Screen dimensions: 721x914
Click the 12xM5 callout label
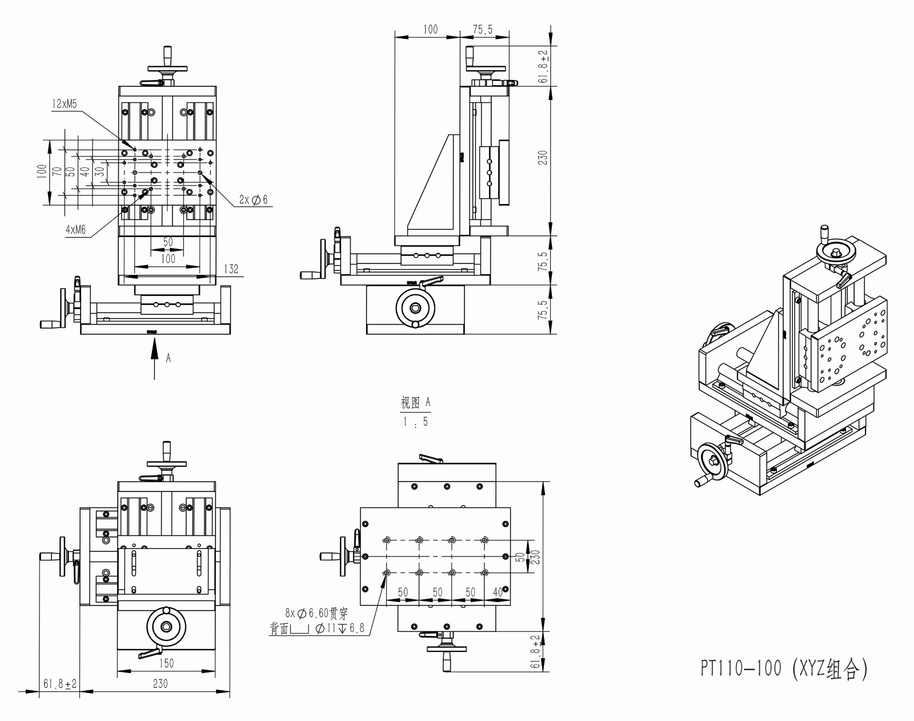click(65, 104)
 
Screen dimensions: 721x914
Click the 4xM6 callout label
click(75, 230)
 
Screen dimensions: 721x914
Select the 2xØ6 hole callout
click(253, 200)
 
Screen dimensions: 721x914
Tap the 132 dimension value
click(231, 269)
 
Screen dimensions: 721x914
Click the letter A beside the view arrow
click(169, 358)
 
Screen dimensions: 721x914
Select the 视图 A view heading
click(415, 403)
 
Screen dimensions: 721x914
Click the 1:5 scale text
click(415, 422)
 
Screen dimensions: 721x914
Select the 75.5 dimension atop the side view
click(483, 30)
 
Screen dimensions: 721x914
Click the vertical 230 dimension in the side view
click(543, 158)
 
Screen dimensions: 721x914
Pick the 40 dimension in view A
click(498, 592)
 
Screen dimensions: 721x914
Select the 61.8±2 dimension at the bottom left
click(59, 684)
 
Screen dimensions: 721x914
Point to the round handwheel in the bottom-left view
click(166, 627)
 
